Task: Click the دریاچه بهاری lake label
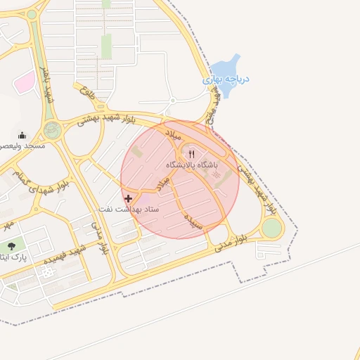click(x=226, y=79)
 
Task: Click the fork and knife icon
click(x=191, y=154)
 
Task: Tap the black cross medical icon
click(x=128, y=199)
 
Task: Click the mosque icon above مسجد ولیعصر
click(x=22, y=135)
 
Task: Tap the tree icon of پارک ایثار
click(x=11, y=246)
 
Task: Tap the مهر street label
click(x=7, y=226)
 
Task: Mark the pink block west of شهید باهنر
click(x=25, y=83)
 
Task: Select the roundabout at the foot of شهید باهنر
click(x=51, y=129)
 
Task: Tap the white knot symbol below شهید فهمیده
click(x=47, y=272)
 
